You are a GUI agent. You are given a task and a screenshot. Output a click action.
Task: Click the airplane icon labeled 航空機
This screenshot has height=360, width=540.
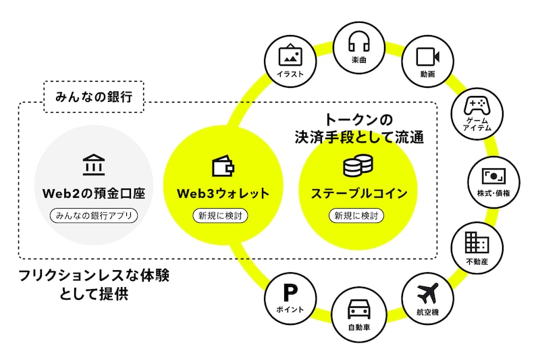pos(428,294)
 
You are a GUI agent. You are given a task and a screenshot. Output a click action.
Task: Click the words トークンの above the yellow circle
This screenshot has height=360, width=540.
pos(358,120)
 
